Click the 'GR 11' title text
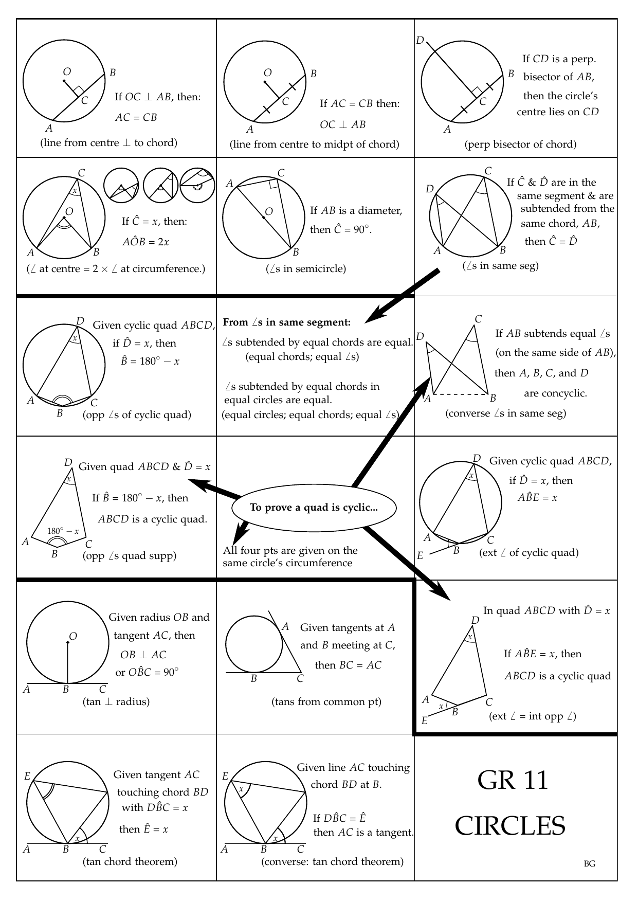coord(513,780)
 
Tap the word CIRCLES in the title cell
coord(510,826)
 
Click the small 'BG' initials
coord(590,864)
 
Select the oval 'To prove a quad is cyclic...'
coord(314,508)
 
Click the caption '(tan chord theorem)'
coord(130,861)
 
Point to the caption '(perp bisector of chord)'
coord(520,145)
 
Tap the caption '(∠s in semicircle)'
coord(306,268)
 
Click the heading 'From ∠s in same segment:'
coord(287,322)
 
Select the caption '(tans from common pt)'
coord(326,701)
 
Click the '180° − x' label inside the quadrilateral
coord(63,531)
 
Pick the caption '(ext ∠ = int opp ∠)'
coord(532,716)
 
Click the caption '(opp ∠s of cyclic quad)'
coord(137,414)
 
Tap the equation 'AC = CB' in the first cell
coord(136,117)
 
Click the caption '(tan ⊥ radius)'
coord(116,701)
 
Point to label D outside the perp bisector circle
coord(420,41)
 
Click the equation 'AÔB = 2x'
coord(145,242)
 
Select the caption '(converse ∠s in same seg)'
coord(506,413)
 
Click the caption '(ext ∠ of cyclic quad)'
coord(528,553)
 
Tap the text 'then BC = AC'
coord(348,665)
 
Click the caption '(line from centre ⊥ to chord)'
coord(108,143)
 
